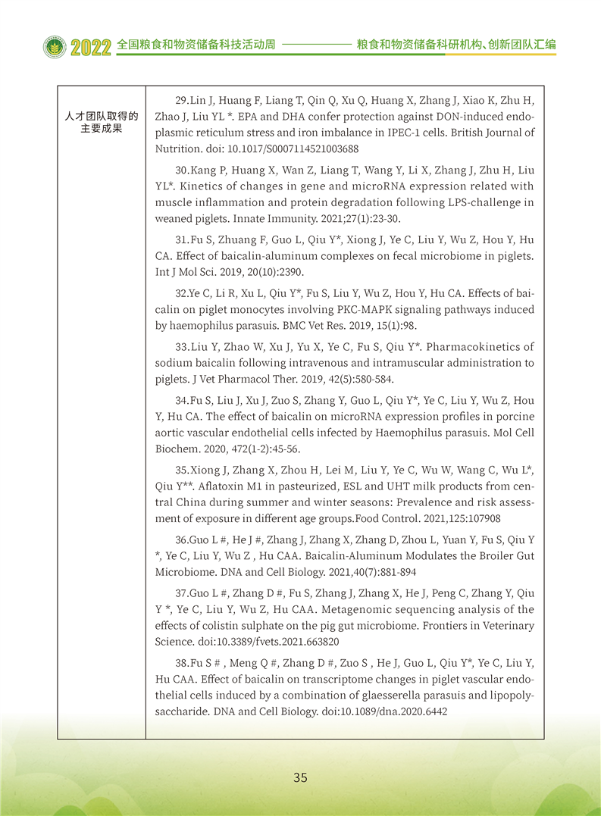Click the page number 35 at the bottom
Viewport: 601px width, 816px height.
coord(300,777)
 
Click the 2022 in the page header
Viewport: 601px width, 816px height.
coord(92,47)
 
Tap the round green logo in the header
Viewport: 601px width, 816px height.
coord(55,47)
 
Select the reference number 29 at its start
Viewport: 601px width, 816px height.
coord(181,101)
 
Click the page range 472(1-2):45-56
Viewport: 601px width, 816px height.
coord(243,449)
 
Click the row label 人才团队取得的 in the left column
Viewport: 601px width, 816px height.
coord(102,116)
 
